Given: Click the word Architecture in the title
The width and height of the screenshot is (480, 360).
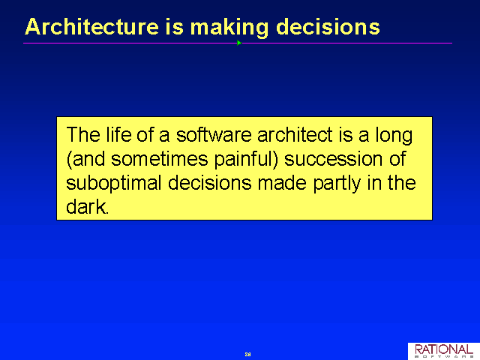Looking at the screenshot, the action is pos(91,27).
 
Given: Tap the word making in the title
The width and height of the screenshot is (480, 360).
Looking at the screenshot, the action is pos(229,28).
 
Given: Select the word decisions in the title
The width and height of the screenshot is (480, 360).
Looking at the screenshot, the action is pos(328,27).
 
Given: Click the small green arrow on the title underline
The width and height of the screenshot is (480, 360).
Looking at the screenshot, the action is pos(239,43).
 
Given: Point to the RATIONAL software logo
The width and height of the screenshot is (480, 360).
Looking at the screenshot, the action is pos(444,351).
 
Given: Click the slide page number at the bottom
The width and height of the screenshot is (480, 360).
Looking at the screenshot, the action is pos(248,354).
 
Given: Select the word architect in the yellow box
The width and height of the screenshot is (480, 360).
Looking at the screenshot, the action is pos(295,135).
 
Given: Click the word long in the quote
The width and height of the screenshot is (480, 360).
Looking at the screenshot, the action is pos(394,136).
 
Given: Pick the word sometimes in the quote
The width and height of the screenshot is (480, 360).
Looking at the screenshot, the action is pos(160,159).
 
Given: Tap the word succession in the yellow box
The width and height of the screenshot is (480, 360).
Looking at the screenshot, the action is pos(333,159).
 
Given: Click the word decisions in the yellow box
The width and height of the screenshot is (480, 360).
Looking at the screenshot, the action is pos(210,183).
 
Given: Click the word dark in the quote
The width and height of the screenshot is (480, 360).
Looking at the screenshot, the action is pos(86,207).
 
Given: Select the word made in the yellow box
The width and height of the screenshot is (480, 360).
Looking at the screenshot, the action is pos(282,183).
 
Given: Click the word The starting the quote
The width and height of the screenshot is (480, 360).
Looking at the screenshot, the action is pos(83,135).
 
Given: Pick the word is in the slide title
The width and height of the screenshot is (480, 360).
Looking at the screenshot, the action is pos(175,27).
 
